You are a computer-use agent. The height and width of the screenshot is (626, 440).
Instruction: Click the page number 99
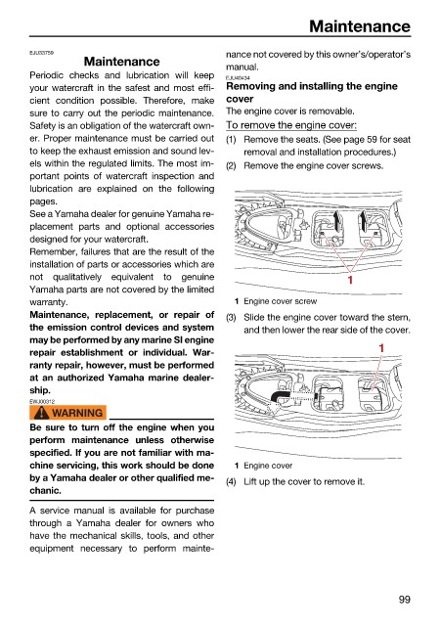(x=405, y=600)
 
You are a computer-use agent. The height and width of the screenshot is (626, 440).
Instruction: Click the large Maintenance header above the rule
(x=360, y=26)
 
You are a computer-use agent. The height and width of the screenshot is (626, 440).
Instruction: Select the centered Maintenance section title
(x=122, y=62)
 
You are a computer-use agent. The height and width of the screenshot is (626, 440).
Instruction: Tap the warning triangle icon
(x=41, y=413)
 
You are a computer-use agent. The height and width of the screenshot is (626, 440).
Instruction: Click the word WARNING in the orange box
(x=77, y=413)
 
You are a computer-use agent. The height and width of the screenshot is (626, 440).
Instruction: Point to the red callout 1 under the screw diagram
(x=350, y=280)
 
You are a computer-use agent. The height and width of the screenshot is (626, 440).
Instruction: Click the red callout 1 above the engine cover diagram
(x=381, y=348)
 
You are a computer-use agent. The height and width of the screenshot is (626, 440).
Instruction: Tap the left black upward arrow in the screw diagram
(x=336, y=220)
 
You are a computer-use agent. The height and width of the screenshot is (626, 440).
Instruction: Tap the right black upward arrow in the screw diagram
(x=363, y=220)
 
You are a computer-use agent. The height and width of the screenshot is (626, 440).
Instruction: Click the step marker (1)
(x=231, y=140)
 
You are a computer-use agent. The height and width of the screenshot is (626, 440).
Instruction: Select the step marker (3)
(x=231, y=318)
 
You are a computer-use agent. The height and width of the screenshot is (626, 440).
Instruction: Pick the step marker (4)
(x=231, y=482)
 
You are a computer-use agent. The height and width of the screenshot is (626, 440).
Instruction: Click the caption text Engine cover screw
(x=281, y=301)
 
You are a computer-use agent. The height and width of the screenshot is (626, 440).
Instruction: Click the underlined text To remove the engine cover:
(x=291, y=125)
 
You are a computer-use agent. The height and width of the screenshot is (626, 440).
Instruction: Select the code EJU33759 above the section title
(x=41, y=52)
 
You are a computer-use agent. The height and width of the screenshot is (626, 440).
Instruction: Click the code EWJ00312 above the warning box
(x=42, y=401)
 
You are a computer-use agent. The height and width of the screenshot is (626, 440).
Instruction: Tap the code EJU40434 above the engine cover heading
(x=238, y=78)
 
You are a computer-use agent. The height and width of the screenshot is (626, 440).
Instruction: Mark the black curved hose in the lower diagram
(x=279, y=395)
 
